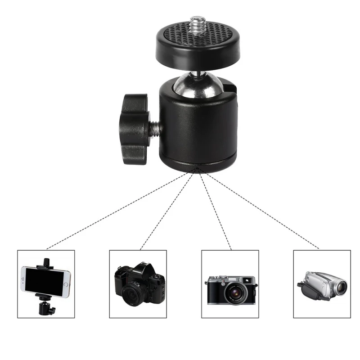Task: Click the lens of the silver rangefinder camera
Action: pos(234,293)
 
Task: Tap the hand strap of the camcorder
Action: pos(309,290)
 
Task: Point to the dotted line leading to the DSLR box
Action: pos(166,209)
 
